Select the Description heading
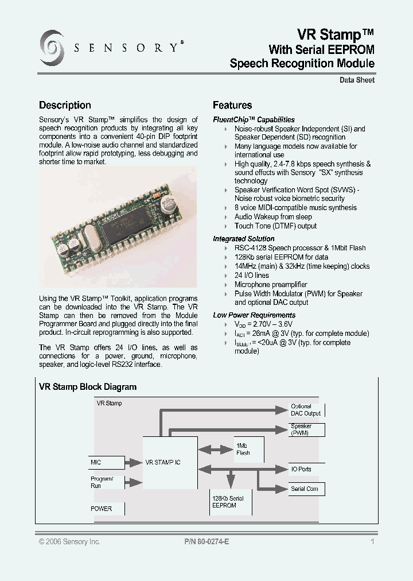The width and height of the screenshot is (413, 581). click(x=65, y=105)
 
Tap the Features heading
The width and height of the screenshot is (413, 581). click(x=232, y=105)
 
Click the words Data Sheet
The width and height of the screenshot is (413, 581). click(x=357, y=80)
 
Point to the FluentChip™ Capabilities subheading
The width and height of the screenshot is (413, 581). click(x=254, y=119)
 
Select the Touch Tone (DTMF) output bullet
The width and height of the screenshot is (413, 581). click(x=275, y=226)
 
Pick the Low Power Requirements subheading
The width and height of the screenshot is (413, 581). click(x=254, y=315)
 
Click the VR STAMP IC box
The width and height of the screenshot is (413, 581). click(x=169, y=462)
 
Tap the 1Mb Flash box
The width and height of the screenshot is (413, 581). click(x=247, y=449)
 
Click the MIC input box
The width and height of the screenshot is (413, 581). click(x=107, y=462)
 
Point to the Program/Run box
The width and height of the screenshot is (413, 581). click(x=107, y=482)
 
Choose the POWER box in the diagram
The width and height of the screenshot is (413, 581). click(x=107, y=509)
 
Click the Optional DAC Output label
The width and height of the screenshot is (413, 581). click(x=306, y=410)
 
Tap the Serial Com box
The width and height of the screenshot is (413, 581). click(x=306, y=489)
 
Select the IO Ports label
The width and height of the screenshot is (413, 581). click(x=302, y=469)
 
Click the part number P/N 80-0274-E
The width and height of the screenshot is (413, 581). click(x=207, y=542)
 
